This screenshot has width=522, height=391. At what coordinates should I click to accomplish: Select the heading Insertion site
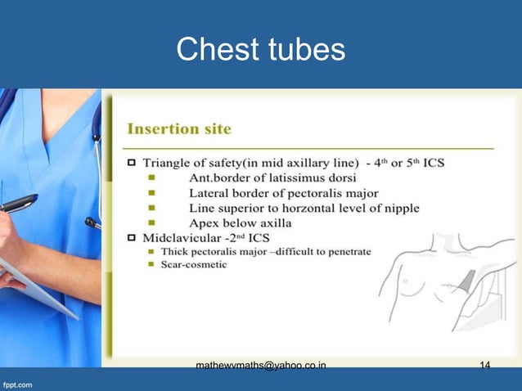tap(178, 129)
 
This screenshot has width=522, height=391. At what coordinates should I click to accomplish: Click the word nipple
tap(398, 209)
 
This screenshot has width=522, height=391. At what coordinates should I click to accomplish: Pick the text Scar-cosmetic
tap(195, 265)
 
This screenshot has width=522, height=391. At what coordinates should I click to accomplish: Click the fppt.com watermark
tap(17, 382)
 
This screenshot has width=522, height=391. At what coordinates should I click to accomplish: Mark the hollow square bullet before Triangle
tap(130, 164)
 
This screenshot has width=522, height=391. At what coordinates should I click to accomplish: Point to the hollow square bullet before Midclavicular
tap(130, 238)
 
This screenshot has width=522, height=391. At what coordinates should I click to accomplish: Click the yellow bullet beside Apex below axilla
tap(151, 223)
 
